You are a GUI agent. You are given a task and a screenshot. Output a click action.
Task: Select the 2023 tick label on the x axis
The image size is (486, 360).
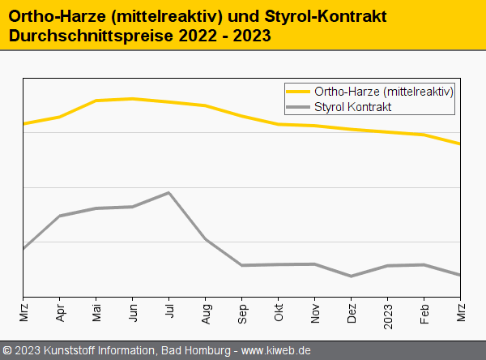point(388,311)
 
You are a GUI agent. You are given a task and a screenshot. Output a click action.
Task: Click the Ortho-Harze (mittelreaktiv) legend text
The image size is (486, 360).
point(383,91)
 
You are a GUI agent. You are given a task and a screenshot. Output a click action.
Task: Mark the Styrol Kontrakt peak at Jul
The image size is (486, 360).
point(168,193)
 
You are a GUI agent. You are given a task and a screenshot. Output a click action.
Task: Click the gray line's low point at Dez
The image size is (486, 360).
point(352,276)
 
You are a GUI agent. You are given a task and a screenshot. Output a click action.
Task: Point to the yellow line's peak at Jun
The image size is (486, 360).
point(132,99)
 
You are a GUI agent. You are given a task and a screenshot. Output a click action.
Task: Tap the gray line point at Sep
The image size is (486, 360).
point(241,265)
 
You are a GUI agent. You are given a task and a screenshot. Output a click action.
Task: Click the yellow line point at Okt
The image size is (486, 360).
point(279,124)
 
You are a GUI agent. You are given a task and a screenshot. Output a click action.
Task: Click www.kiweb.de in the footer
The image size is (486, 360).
point(276,350)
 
